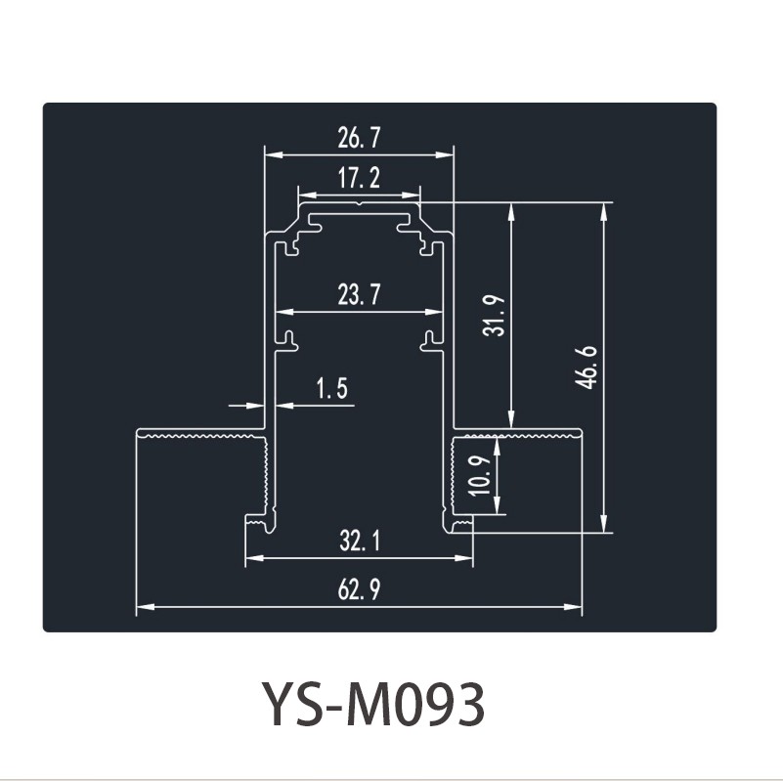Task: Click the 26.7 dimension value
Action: tap(359, 138)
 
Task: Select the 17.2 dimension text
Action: tap(359, 178)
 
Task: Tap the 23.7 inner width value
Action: tap(359, 294)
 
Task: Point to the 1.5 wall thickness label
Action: tap(332, 388)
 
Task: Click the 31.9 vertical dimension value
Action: tap(495, 316)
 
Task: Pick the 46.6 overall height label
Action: tap(586, 367)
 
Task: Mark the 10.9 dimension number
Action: tap(480, 475)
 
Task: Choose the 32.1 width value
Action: tap(360, 541)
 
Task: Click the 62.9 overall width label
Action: tap(359, 589)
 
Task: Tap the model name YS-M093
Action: tap(373, 705)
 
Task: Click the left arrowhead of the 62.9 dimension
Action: tap(146, 607)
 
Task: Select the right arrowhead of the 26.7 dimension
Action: tap(445, 154)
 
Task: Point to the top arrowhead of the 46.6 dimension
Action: tap(604, 212)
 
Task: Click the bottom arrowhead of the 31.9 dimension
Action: tap(511, 419)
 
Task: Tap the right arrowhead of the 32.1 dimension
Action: tap(463, 558)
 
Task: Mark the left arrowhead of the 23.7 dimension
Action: tap(284, 312)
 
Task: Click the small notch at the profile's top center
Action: tap(359, 203)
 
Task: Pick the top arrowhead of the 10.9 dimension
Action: tap(497, 444)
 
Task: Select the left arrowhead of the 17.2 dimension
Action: tap(307, 195)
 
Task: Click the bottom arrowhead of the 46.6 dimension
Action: tap(604, 523)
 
